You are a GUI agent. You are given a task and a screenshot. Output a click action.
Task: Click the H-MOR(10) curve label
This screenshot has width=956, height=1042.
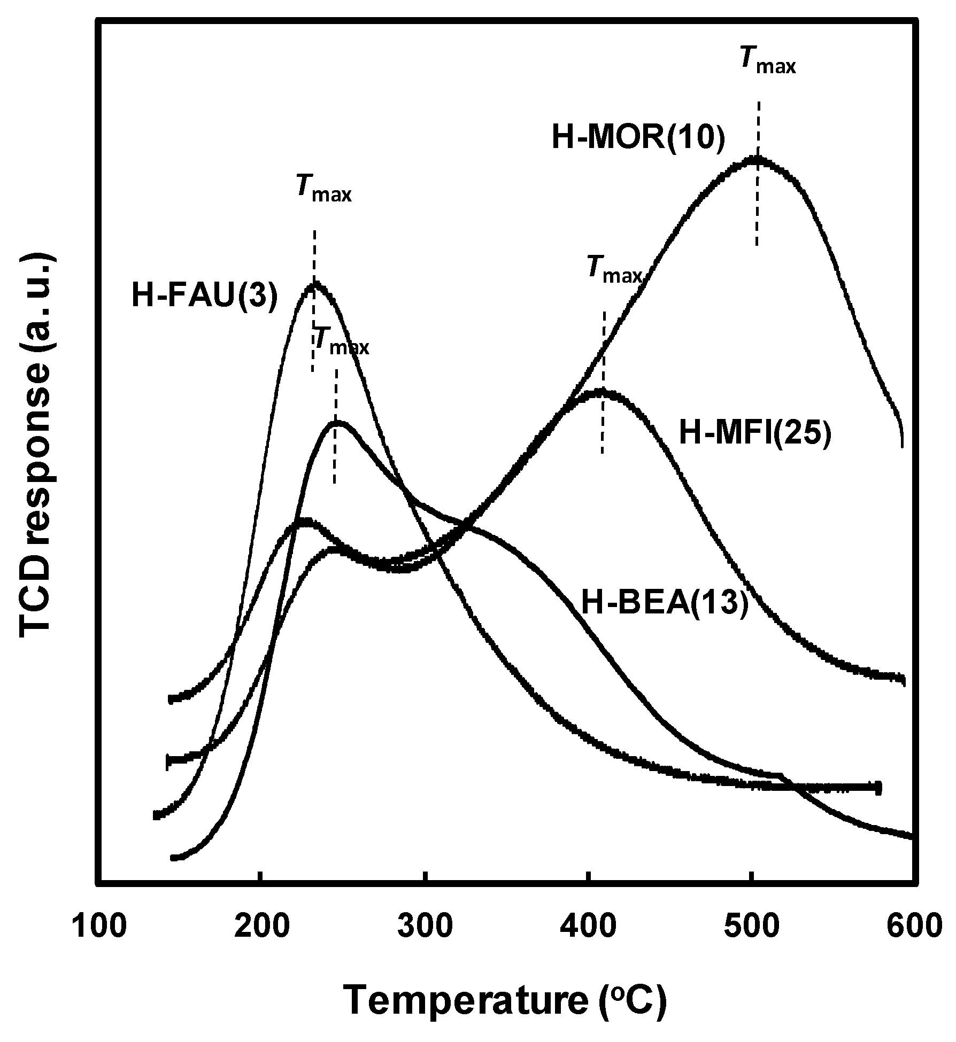pyautogui.click(x=638, y=137)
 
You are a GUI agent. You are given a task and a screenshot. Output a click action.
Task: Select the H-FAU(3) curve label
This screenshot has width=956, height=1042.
pyautogui.click(x=205, y=296)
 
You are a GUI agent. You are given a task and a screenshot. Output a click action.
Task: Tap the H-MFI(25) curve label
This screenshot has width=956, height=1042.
pyautogui.click(x=755, y=432)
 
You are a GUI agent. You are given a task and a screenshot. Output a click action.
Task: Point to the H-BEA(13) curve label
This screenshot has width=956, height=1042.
pyautogui.click(x=665, y=604)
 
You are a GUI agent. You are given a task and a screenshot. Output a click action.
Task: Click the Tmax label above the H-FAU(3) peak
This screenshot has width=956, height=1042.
pyautogui.click(x=324, y=189)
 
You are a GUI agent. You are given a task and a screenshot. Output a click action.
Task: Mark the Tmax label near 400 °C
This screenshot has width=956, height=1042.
pyautogui.click(x=614, y=269)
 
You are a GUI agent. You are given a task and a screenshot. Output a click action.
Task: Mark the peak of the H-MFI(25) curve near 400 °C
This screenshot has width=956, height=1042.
pyautogui.click(x=602, y=391)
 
